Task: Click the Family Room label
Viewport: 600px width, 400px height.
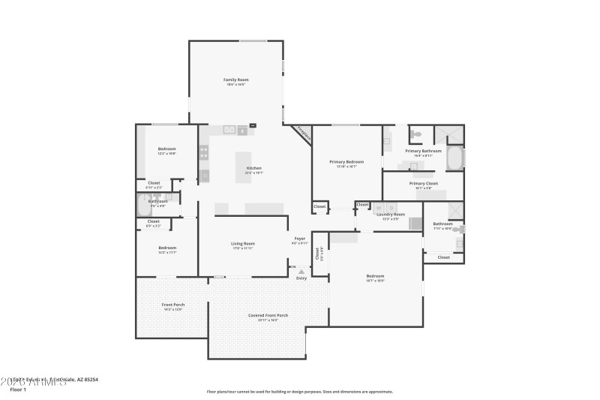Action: (235, 80)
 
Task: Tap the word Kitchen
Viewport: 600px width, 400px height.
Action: (254, 167)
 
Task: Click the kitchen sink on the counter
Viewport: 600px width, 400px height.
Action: (230, 130)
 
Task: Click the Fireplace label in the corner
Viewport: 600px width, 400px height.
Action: (303, 133)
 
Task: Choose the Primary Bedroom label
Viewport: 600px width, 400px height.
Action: (346, 161)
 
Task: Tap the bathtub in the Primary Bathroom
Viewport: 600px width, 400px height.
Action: (454, 158)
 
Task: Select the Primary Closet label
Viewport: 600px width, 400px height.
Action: (424, 183)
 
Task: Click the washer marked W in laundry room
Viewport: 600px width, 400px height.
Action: (379, 208)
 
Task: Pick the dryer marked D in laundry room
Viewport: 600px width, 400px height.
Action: (391, 208)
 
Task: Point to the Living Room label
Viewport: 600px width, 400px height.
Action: (243, 243)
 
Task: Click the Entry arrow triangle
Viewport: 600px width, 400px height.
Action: (301, 272)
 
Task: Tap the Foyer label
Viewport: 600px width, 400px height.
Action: (299, 239)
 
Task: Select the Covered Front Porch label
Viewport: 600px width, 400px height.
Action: (268, 315)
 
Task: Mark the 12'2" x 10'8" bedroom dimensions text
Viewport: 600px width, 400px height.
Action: (166, 153)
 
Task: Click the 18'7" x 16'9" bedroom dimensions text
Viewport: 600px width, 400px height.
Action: (375, 281)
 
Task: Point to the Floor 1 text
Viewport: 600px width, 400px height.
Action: (18, 389)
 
